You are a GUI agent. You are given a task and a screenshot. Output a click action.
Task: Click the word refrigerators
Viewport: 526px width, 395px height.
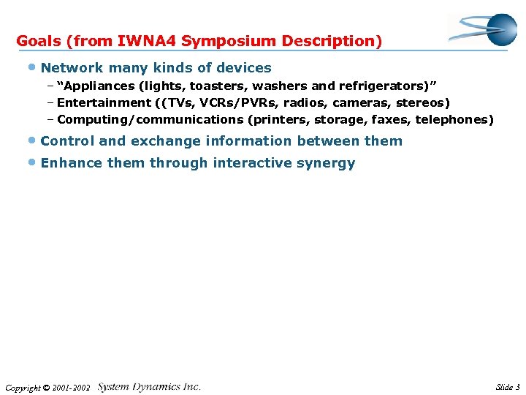tap(384, 85)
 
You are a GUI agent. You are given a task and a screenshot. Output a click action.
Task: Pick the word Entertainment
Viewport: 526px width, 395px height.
tap(102, 102)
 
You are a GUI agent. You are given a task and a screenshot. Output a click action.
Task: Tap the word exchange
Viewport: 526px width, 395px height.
tap(164, 141)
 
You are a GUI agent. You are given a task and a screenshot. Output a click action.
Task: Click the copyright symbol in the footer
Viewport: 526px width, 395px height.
tap(47, 388)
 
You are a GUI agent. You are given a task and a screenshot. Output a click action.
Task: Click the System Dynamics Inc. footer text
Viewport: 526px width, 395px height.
tap(149, 387)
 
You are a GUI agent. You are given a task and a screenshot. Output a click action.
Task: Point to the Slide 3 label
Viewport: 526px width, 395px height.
tap(508, 388)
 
